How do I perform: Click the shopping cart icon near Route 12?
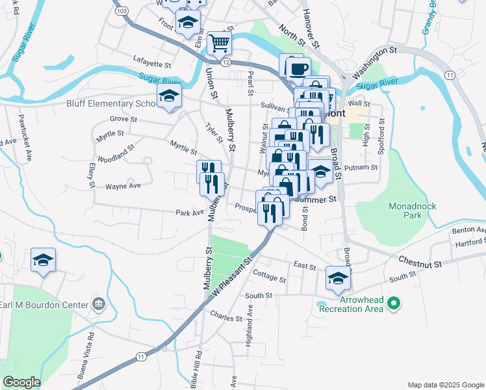[220, 43]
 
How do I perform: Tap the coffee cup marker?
[298, 68]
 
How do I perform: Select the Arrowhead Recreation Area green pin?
[393, 303]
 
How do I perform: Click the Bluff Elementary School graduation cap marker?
[169, 97]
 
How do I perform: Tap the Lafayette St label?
[152, 65]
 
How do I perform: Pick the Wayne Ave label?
[123, 185]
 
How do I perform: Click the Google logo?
[21, 382]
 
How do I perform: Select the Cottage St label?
[269, 278]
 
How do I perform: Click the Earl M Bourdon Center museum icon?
[99, 304]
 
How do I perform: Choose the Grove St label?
[123, 119]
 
